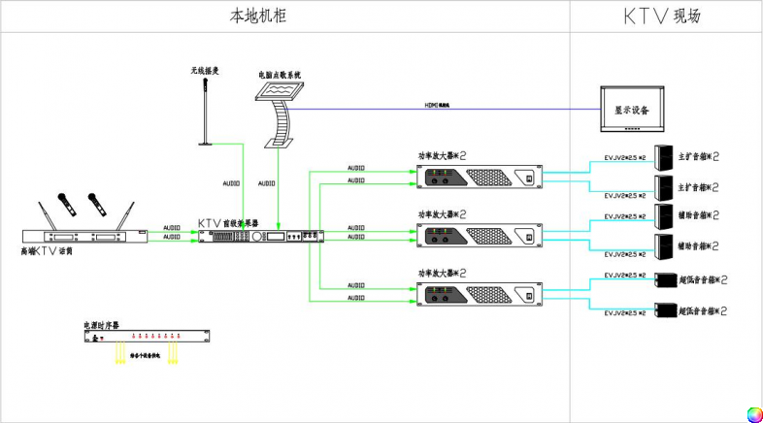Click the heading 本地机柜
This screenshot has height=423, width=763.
pyautogui.click(x=258, y=16)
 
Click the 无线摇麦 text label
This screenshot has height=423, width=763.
pyautogui.click(x=205, y=71)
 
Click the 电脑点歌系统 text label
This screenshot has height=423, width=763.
pyautogui.click(x=280, y=74)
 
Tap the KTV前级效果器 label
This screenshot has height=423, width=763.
pyautogui.click(x=228, y=223)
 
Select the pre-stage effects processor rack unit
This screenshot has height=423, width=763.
pyautogui.click(x=260, y=237)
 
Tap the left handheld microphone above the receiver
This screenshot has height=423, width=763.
pyautogui.click(x=65, y=202)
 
